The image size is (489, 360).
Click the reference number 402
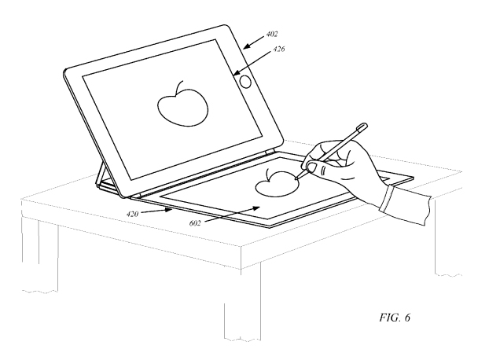tap(272, 34)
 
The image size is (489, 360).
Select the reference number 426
tap(279, 49)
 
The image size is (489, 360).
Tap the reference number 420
tap(132, 214)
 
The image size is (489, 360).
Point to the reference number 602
tap(195, 223)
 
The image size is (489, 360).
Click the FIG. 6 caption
tap(395, 318)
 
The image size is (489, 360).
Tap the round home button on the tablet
tap(245, 82)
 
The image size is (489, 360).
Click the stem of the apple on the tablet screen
tap(180, 86)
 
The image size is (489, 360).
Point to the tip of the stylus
tap(296, 178)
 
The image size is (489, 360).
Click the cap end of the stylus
tap(362, 126)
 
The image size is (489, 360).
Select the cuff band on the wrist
tap(387, 199)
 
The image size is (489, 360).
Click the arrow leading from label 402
tap(254, 42)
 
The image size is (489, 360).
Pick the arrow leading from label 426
tap(252, 63)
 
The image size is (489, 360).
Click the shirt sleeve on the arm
tap(409, 207)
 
